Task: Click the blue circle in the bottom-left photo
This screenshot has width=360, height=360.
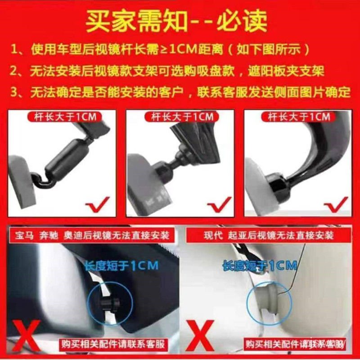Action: (x=110, y=299)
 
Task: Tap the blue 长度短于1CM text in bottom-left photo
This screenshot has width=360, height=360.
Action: (x=121, y=265)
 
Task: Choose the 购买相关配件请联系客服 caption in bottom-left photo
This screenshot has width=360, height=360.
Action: (x=113, y=344)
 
